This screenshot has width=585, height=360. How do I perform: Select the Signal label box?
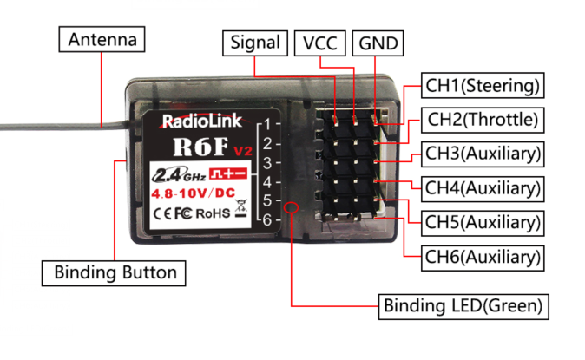point(255,43)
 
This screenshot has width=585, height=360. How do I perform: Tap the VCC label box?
point(320,43)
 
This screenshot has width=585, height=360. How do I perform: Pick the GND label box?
point(379,43)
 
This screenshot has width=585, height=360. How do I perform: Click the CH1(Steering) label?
point(483,85)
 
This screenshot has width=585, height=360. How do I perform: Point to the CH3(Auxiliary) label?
point(483,154)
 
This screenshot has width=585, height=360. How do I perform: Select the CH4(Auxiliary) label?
point(483,187)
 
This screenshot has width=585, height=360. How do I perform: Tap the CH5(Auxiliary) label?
point(483,221)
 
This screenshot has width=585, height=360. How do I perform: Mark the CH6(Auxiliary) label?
point(483,256)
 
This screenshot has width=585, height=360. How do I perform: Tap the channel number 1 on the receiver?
point(269,123)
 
